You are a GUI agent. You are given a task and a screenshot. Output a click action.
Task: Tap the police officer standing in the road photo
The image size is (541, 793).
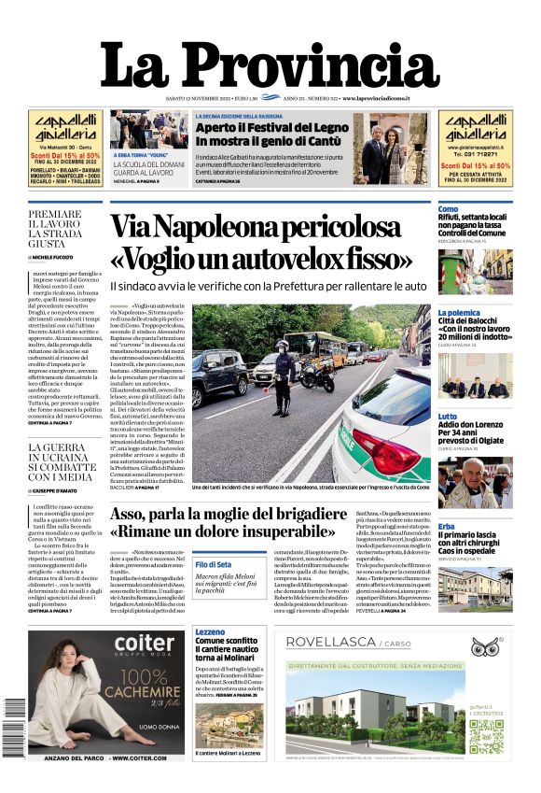[283, 378]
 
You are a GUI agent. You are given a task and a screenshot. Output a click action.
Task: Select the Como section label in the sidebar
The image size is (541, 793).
[448, 209]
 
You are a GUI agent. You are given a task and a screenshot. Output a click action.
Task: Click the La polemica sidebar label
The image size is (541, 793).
[459, 313]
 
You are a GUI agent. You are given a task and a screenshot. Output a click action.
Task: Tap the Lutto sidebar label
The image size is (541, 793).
[448, 417]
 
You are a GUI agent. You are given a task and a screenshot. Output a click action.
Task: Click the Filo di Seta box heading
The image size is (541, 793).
[214, 564]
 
